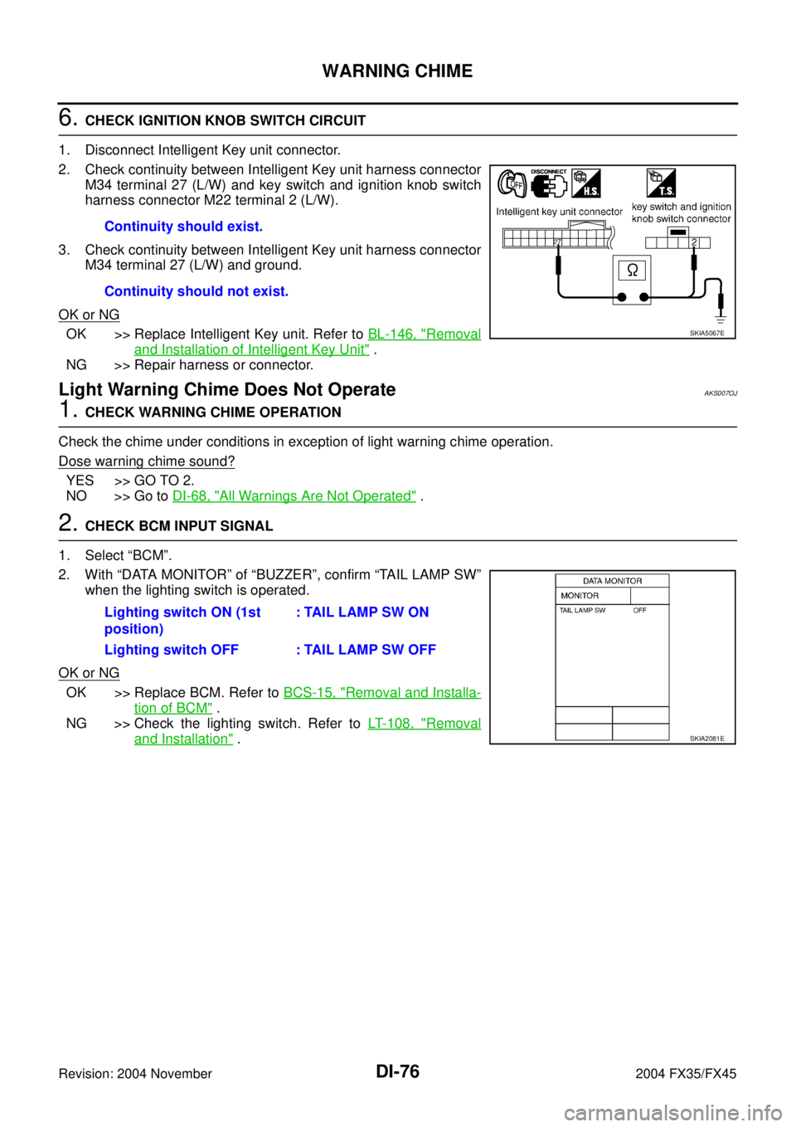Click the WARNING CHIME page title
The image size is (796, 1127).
[x=397, y=71]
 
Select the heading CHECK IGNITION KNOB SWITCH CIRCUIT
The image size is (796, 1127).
[x=226, y=121]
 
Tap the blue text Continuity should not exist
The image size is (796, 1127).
[x=197, y=291]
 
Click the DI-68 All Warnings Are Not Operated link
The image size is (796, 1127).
[x=294, y=496]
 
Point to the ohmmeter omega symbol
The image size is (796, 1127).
[x=632, y=271]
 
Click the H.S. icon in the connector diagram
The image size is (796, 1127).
[x=586, y=183]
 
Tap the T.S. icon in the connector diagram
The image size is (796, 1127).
[x=661, y=183]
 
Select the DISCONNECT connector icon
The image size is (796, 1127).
[x=549, y=183]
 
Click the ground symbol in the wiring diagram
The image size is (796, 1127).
[x=721, y=319]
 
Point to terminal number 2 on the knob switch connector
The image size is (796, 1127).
[x=694, y=242]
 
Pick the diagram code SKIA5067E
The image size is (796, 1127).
[x=706, y=333]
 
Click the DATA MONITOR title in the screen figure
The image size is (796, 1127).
[x=612, y=581]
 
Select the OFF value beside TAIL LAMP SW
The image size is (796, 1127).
[x=640, y=610]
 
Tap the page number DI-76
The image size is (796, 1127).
[x=397, y=1072]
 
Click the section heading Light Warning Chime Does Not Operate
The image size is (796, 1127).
[x=227, y=389]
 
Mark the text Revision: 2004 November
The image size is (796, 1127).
[x=135, y=1074]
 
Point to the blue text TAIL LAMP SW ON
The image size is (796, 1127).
[x=366, y=612]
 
